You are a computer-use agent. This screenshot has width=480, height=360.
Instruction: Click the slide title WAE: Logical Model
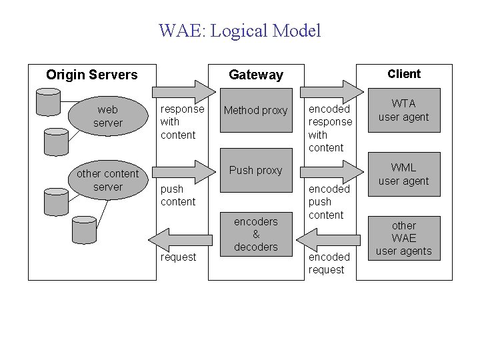[x=240, y=31]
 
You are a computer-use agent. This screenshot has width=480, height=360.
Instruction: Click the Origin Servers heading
[x=92, y=75]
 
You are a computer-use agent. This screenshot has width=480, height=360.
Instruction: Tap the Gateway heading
[x=256, y=75]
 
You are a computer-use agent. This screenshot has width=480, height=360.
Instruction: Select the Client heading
[x=404, y=74]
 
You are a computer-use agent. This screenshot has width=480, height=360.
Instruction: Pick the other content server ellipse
[x=108, y=180]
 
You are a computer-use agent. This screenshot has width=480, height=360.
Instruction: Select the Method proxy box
[x=256, y=110]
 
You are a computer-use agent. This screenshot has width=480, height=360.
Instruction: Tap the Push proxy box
[x=256, y=171]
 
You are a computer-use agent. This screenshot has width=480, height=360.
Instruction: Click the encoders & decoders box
[x=256, y=234]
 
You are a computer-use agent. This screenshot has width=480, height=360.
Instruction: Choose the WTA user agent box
[x=404, y=111]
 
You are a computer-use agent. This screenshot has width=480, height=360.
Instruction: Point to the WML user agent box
[x=404, y=175]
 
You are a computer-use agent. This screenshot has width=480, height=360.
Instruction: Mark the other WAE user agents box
[x=404, y=238]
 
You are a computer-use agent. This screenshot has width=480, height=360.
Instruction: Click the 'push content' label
[x=179, y=195]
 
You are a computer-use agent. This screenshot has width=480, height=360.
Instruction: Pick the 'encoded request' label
[x=329, y=263]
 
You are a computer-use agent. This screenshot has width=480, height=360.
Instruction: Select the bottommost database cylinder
[x=84, y=229]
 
